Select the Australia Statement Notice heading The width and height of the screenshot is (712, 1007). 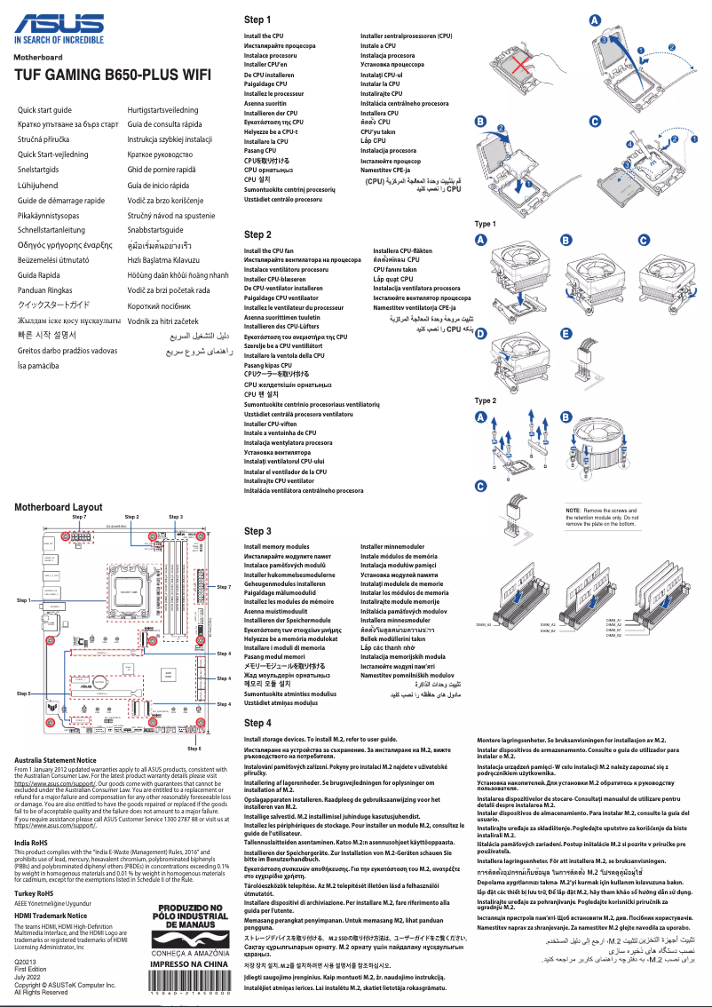click(56, 760)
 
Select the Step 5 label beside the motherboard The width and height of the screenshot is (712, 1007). click(24, 692)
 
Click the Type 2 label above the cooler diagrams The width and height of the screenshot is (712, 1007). click(486, 400)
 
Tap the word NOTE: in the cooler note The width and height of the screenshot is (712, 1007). click(573, 511)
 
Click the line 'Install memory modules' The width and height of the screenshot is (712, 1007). click(276, 547)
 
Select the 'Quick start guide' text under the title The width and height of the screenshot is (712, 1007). click(45, 109)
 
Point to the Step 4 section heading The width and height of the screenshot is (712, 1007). click(257, 723)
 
